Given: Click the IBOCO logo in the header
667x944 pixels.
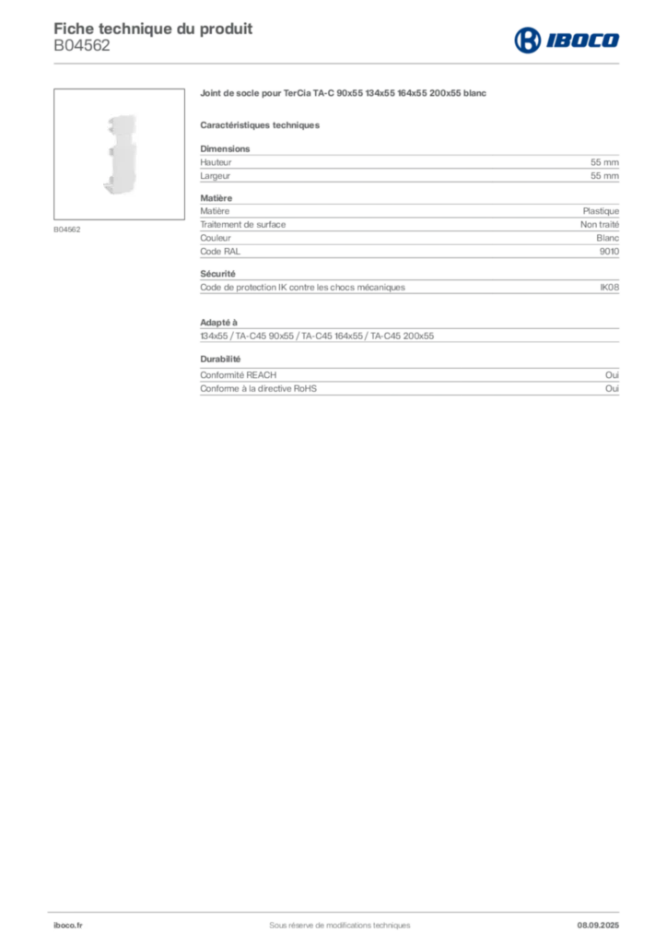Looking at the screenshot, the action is pyautogui.click(x=567, y=41).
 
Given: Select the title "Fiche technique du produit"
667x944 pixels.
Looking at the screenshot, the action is pyautogui.click(x=153, y=29).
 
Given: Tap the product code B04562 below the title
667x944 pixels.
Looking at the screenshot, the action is pyautogui.click(x=82, y=45).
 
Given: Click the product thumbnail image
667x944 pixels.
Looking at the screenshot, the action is pyautogui.click(x=119, y=154).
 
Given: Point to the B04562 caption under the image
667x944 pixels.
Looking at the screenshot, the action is pyautogui.click(x=66, y=230).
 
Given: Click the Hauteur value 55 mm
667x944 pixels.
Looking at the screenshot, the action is pyautogui.click(x=604, y=162).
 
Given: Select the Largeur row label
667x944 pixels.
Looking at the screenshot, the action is pyautogui.click(x=216, y=176).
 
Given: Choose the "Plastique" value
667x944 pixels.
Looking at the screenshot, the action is pyautogui.click(x=601, y=211).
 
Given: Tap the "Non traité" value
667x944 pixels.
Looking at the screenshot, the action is pyautogui.click(x=600, y=224).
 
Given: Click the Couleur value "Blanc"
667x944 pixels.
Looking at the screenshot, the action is pyautogui.click(x=607, y=238).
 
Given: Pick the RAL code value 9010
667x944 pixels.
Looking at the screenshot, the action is pyautogui.click(x=609, y=251).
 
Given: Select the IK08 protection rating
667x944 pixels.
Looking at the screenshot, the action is pyautogui.click(x=609, y=288).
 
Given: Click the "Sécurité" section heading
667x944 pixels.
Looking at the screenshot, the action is pyautogui.click(x=217, y=273).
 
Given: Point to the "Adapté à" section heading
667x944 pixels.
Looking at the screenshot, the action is pyautogui.click(x=219, y=322).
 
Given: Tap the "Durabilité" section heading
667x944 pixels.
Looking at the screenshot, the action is pyautogui.click(x=220, y=359).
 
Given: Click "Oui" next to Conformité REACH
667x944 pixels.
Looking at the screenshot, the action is pyautogui.click(x=613, y=374).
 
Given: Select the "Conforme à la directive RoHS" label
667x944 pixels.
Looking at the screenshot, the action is pyautogui.click(x=259, y=388).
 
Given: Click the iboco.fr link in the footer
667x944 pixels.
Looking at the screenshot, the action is pyautogui.click(x=68, y=925).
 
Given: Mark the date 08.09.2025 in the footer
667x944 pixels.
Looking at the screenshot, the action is pyautogui.click(x=598, y=925).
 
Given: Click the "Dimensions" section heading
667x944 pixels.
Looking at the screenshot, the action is pyautogui.click(x=225, y=148).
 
